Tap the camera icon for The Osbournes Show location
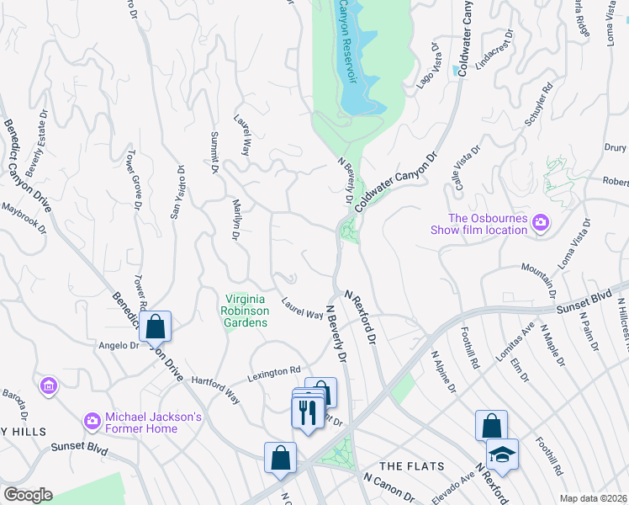pos(540,223)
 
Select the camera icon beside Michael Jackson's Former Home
pos(92,419)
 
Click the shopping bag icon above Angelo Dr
pos(156,326)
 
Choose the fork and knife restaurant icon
pos(304,412)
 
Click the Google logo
pos(28,495)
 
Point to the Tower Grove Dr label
pos(132,180)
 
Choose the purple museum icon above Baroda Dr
pos(49,386)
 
